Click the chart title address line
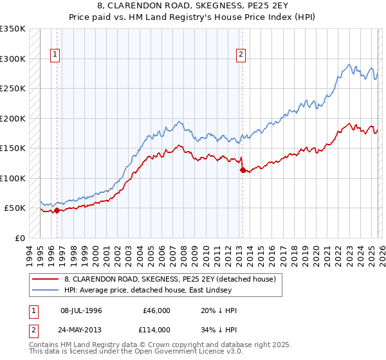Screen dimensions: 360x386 pos(192,5)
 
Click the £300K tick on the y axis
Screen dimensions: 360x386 pos(13,59)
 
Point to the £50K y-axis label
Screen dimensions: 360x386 pos(15,208)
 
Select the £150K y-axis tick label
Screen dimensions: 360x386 pos(13,148)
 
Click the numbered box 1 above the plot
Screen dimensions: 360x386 pos(56,55)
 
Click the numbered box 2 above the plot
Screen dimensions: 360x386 pos(241,55)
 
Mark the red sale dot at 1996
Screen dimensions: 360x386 pos(57,210)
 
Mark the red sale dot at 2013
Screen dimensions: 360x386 pos(243,170)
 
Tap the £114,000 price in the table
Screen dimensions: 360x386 pos(156,329)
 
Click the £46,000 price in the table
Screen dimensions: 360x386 pos(156,310)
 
